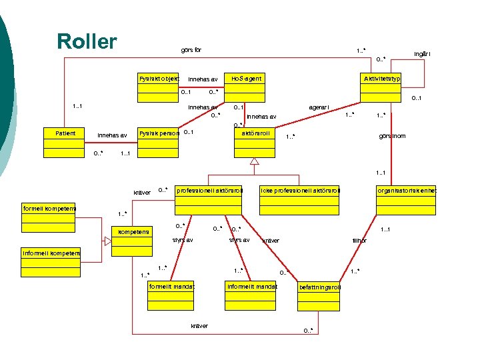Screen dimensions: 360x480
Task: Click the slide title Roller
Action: tap(87, 41)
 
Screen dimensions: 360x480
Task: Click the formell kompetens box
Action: tap(49, 215)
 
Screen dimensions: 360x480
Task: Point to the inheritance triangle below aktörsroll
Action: tap(254, 161)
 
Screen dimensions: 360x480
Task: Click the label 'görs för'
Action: tap(191, 50)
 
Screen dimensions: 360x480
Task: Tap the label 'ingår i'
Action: tap(422, 54)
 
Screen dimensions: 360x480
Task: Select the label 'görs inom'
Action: tap(391, 136)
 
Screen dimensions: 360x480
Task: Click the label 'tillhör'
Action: tap(359, 241)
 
